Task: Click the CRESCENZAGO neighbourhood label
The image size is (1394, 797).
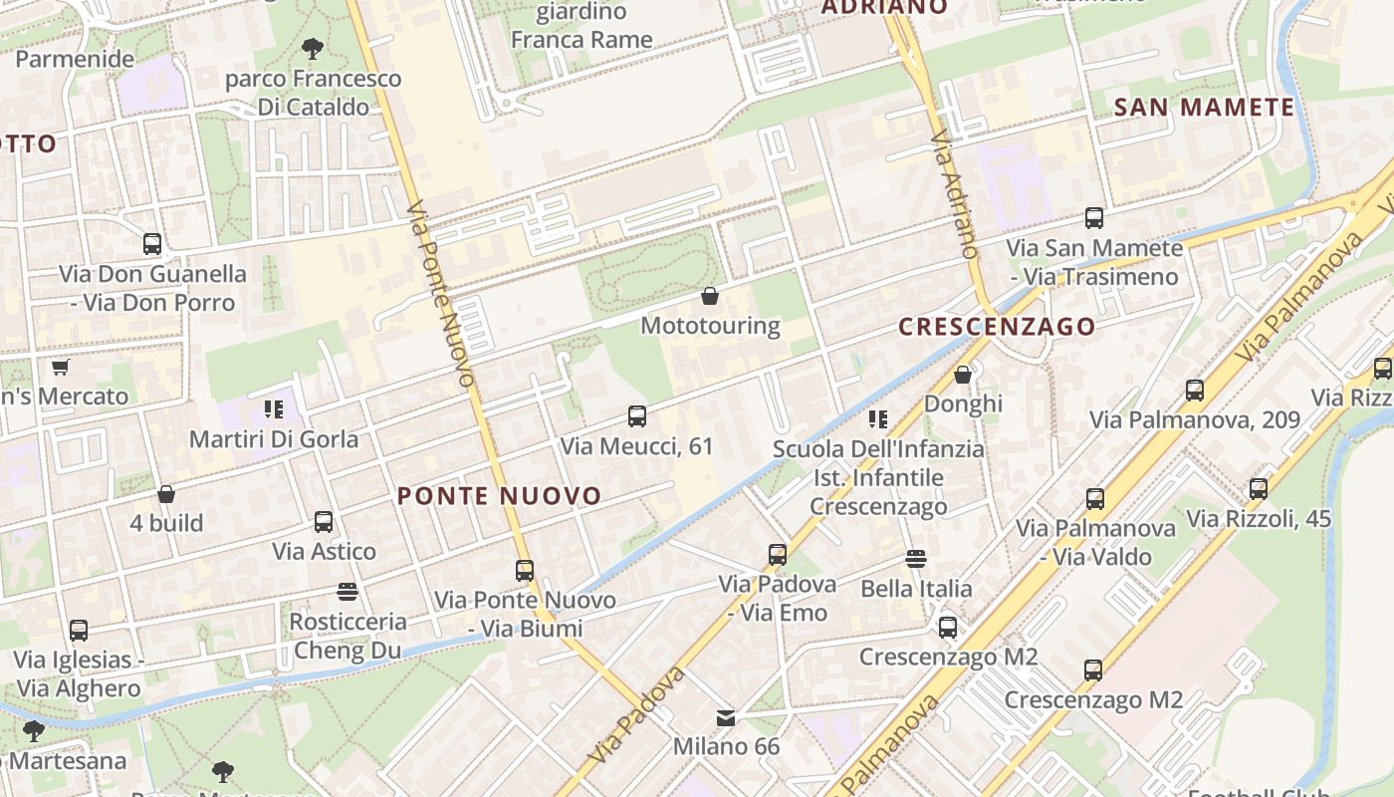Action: tap(996, 327)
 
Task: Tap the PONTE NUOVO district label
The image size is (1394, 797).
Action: tap(500, 496)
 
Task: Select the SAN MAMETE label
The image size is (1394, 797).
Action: tap(1204, 108)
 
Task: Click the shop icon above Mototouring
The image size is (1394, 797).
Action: tap(710, 296)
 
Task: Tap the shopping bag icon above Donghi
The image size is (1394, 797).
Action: tap(963, 375)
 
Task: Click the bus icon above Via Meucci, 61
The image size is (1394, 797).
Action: tap(637, 416)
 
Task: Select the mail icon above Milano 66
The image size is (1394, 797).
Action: tap(726, 717)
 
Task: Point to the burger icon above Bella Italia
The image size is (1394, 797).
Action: tap(916, 559)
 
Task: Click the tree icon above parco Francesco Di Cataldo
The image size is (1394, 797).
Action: tap(313, 48)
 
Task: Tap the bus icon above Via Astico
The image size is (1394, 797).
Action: tap(324, 522)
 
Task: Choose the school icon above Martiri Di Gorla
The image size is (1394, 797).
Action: tap(274, 408)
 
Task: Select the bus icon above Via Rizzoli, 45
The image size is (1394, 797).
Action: tap(1259, 489)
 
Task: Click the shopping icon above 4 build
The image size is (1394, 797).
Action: tap(166, 494)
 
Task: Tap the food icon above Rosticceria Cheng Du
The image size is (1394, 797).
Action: tap(348, 593)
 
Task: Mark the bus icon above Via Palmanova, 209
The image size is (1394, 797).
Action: tap(1195, 391)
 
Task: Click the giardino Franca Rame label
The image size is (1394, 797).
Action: tap(581, 26)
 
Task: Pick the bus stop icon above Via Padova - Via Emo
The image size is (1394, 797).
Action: tap(778, 554)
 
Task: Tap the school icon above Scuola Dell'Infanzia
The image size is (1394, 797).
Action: tap(877, 419)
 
